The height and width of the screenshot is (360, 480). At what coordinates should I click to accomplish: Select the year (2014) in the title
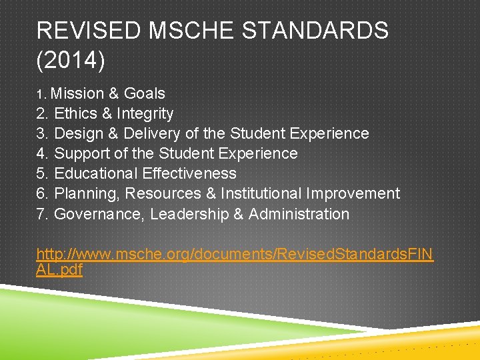(71, 61)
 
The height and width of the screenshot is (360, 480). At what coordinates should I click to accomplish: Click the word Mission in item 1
(77, 93)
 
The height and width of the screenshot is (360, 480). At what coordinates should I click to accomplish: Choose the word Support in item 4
(81, 153)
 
